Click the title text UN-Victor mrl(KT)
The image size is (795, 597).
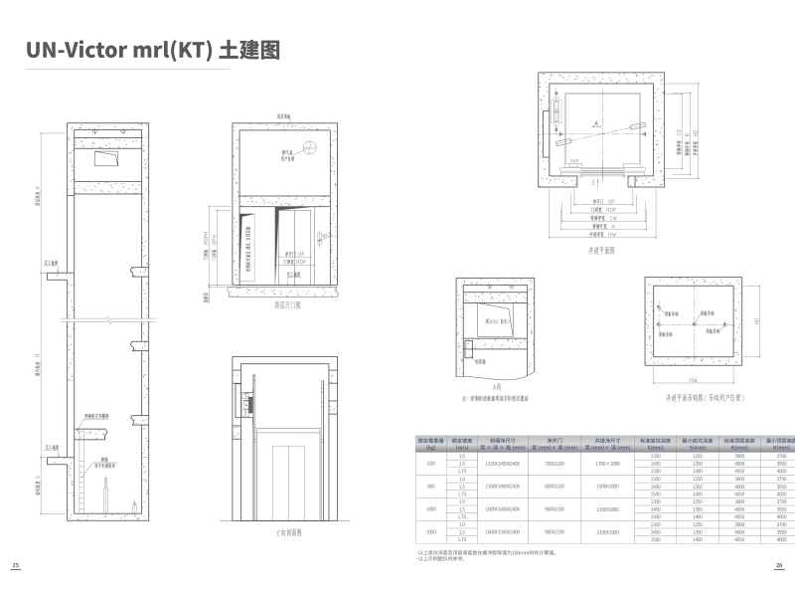(118, 51)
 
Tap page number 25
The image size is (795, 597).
(15, 564)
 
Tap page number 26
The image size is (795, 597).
(779, 564)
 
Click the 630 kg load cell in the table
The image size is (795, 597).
(431, 464)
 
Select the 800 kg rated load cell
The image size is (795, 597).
(431, 486)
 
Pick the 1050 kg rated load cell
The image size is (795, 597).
(431, 531)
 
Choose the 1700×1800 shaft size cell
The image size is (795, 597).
(607, 464)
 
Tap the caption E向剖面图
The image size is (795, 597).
(289, 532)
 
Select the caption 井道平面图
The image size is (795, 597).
(600, 251)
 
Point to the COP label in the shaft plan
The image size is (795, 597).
(573, 160)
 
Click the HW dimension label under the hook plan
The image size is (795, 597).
(692, 381)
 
